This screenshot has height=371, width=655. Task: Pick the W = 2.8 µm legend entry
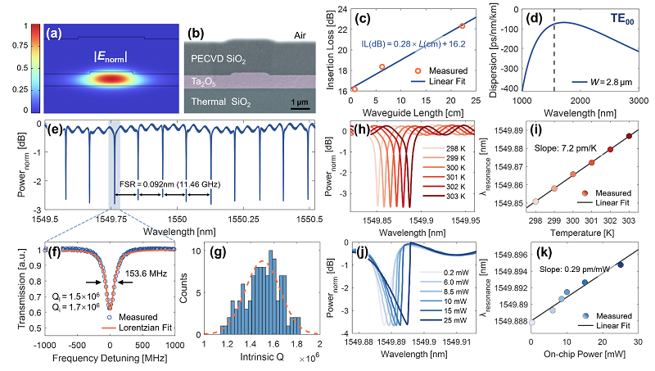tap(601, 104)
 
